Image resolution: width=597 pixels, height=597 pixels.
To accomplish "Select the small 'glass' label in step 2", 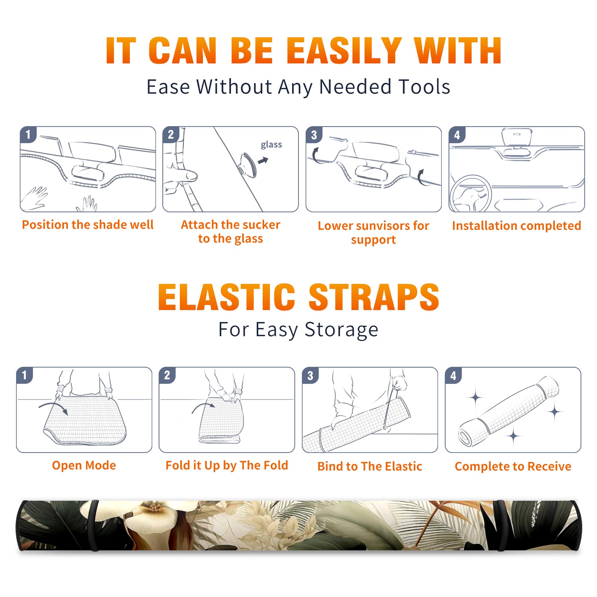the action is (x=271, y=145).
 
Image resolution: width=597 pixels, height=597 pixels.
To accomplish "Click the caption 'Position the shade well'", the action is (x=88, y=225).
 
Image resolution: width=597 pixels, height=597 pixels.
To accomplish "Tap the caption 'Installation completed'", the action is (x=516, y=225).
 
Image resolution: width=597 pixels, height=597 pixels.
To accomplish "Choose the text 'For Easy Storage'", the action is (x=298, y=329).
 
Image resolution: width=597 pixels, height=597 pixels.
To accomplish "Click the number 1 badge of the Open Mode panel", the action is (x=25, y=375).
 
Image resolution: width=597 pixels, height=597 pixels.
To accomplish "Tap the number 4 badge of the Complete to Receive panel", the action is (x=453, y=375).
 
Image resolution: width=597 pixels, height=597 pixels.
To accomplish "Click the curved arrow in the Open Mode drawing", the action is (x=53, y=407).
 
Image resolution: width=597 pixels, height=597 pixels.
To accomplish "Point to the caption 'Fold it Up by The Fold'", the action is (x=227, y=465).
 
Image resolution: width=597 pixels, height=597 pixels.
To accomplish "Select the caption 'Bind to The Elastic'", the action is (x=370, y=466).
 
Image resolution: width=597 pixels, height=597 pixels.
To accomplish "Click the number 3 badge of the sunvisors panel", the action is (x=314, y=135).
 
